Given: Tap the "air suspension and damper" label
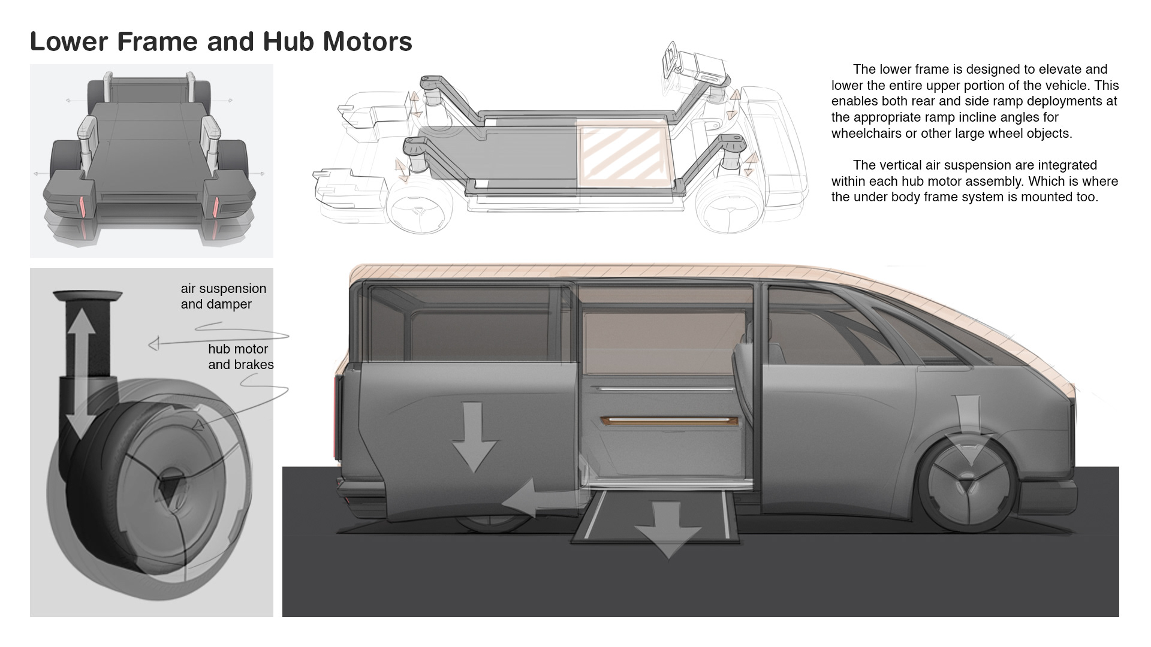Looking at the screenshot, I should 223,297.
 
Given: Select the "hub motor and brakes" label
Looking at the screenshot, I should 240,356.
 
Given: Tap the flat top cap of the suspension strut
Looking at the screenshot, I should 88,295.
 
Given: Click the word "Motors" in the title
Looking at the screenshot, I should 367,41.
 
